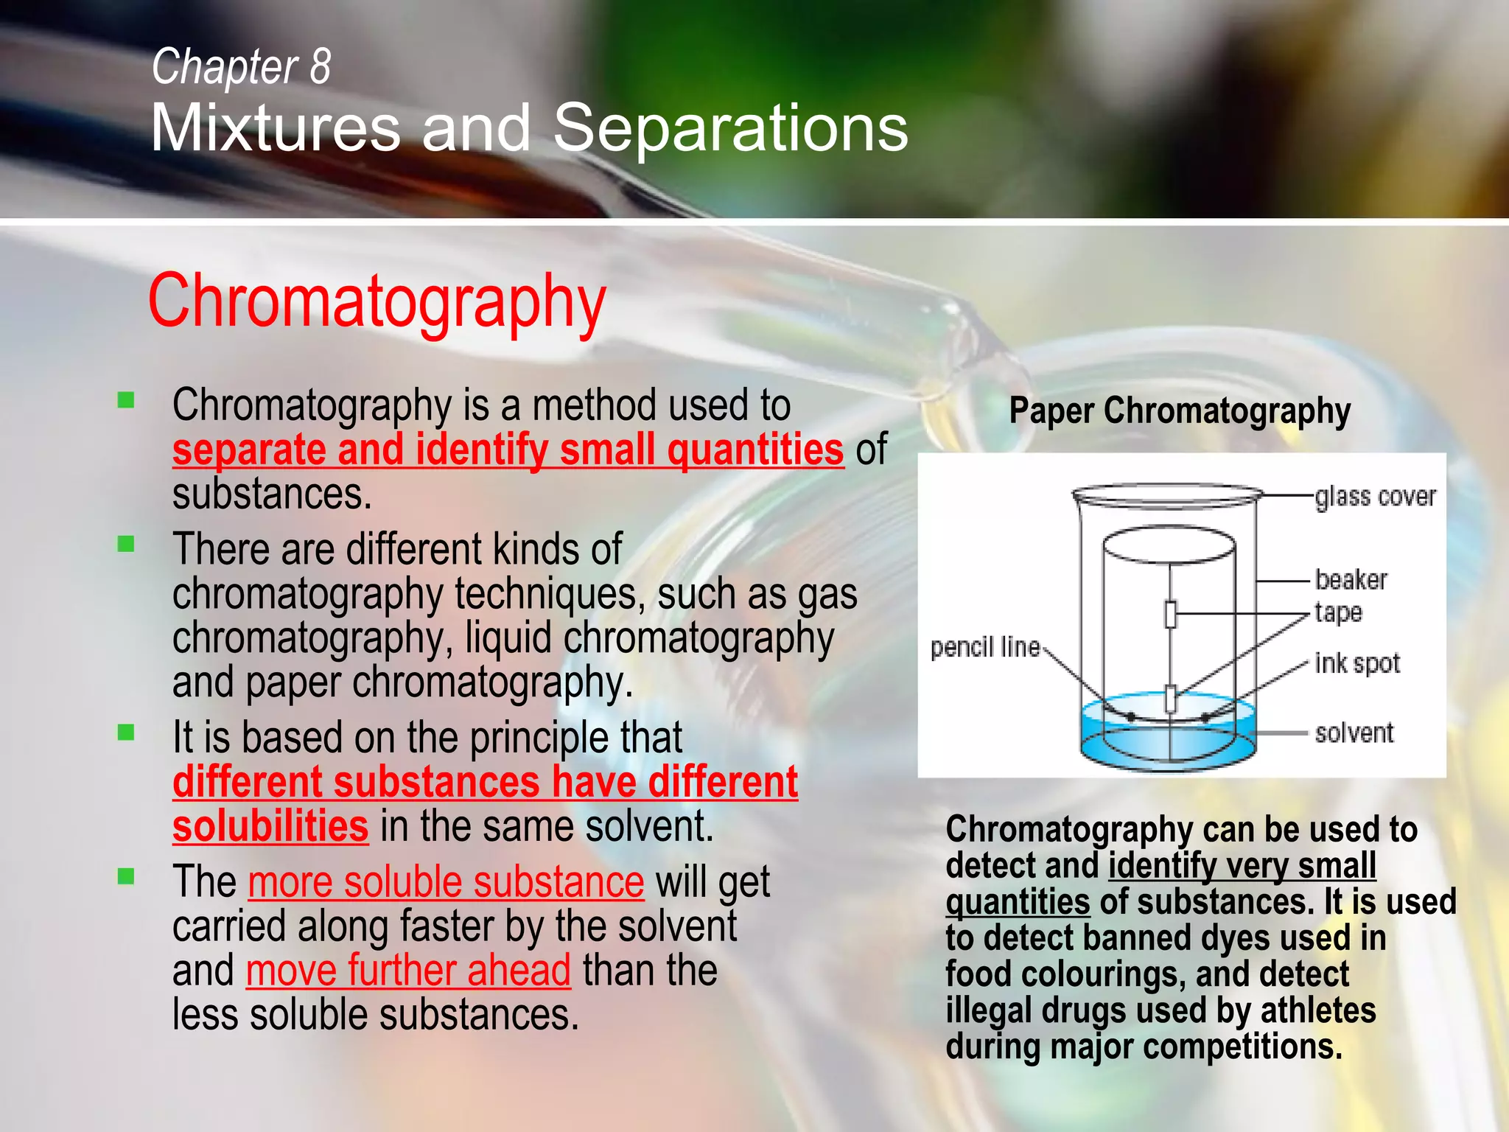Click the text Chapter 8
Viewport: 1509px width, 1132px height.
(x=241, y=66)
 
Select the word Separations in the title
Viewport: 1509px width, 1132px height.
(x=730, y=128)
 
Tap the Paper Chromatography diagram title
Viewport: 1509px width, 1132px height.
(x=1179, y=411)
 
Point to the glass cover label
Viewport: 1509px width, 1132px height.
(x=1375, y=497)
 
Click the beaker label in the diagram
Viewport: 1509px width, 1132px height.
(x=1351, y=580)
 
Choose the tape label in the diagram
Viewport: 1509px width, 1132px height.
(x=1338, y=612)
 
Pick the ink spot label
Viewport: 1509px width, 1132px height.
(x=1356, y=663)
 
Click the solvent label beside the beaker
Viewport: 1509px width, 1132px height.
(x=1354, y=733)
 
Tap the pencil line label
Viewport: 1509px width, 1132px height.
(x=984, y=648)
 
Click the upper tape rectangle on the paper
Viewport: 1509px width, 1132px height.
(x=1170, y=614)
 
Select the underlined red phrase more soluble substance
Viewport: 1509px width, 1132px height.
(x=446, y=881)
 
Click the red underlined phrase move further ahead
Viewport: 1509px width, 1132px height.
(x=408, y=970)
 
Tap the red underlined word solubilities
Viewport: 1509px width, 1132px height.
(x=270, y=826)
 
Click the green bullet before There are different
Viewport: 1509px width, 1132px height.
(x=126, y=545)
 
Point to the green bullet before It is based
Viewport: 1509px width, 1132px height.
(x=126, y=733)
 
